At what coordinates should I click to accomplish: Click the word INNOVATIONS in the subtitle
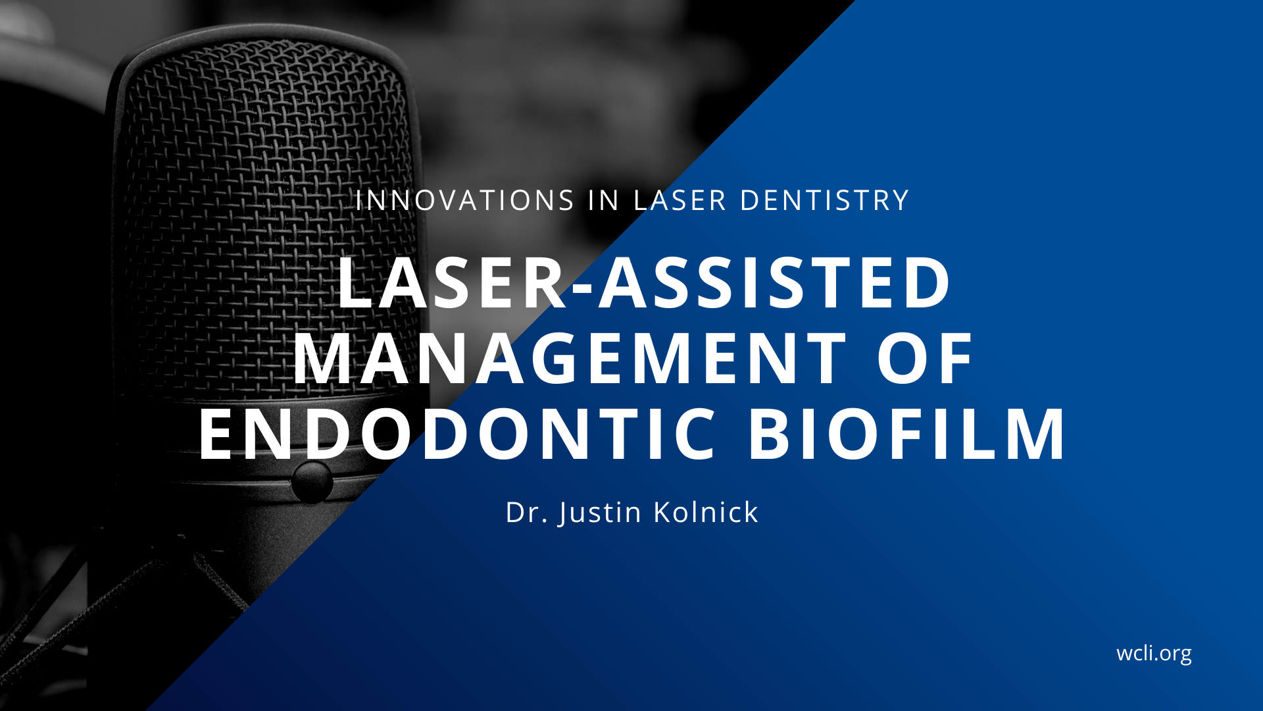tap(465, 201)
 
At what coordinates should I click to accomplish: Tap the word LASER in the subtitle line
tap(680, 201)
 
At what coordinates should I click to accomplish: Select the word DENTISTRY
tap(825, 201)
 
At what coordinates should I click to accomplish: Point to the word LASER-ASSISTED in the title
tap(645, 282)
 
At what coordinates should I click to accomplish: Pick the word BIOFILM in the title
tap(906, 434)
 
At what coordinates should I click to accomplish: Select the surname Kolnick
tap(706, 512)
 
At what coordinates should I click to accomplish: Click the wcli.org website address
tap(1154, 654)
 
